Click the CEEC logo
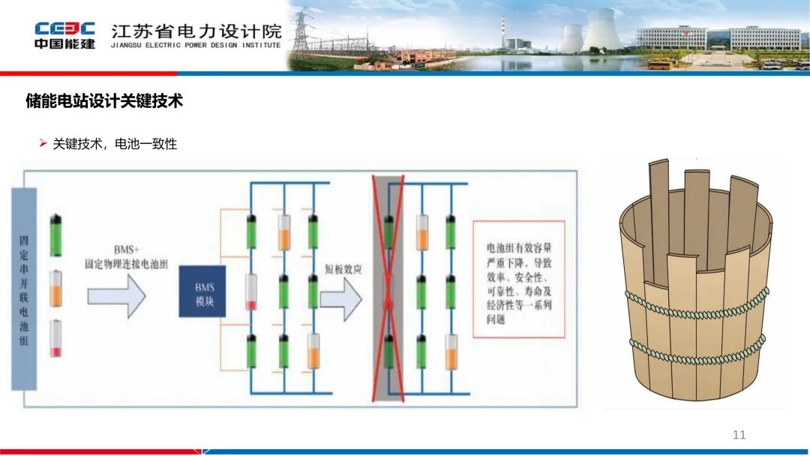coord(64,34)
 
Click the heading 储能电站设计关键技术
coord(104,100)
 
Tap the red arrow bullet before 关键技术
coord(43,142)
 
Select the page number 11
coord(739,435)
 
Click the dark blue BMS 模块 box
coord(202,291)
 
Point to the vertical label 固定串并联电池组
coord(24,289)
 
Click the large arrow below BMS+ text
coord(116,294)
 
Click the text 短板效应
coord(343,268)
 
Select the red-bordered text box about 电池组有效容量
coord(518,277)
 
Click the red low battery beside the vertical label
coord(56,338)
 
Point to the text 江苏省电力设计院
coord(196,31)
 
